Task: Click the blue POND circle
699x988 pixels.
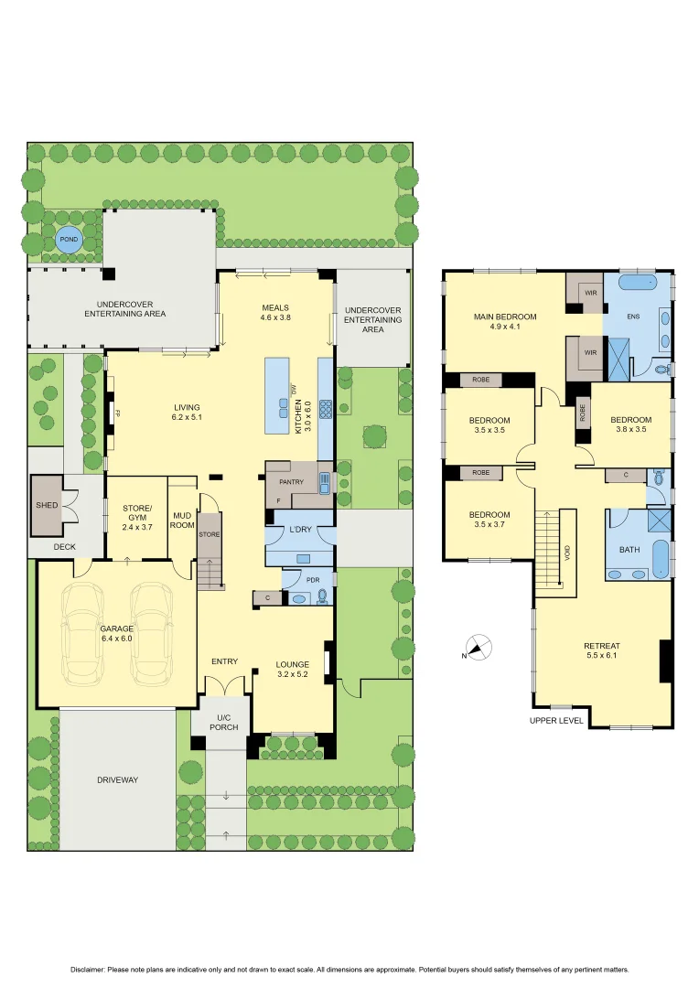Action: pos(68,241)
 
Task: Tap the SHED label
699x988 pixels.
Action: pos(46,505)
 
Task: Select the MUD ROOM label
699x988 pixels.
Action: pos(182,521)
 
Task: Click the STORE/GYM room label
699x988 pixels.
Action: pos(137,513)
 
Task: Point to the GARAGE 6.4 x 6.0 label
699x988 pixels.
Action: pos(116,633)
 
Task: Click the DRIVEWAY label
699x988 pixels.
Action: pos(117,780)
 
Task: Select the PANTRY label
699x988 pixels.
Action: pos(292,480)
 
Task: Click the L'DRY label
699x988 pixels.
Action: pos(301,532)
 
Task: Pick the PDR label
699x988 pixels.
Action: pos(301,579)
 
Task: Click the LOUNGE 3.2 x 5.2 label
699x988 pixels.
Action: pos(294,670)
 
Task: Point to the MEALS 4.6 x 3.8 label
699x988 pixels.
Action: pos(275,313)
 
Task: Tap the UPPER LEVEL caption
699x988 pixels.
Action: pos(556,721)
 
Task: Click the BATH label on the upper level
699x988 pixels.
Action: pos(629,550)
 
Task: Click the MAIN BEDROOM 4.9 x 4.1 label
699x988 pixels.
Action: pos(505,322)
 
